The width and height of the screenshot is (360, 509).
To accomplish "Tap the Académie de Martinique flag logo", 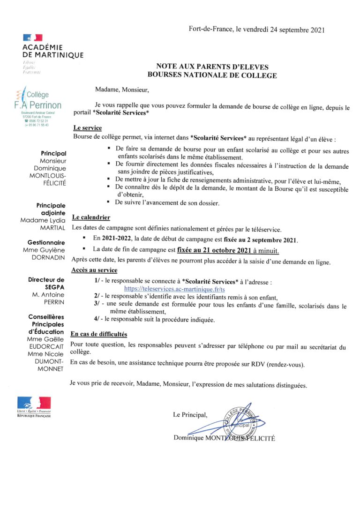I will point(32,37).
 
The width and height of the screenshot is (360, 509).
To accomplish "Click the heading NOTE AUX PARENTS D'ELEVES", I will point(212,67).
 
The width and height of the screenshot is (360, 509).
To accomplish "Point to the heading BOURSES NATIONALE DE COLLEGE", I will point(212,75).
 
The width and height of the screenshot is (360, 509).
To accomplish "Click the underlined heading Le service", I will point(88,128).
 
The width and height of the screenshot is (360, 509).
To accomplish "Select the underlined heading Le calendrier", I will point(90,217).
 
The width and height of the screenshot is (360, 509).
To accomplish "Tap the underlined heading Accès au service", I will point(94,270).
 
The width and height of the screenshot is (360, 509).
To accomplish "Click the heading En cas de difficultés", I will point(98,334).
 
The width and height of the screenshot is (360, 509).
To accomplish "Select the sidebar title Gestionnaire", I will point(47,242).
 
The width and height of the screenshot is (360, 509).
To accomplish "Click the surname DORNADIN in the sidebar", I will point(49,257).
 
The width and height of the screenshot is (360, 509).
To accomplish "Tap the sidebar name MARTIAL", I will point(53,228).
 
